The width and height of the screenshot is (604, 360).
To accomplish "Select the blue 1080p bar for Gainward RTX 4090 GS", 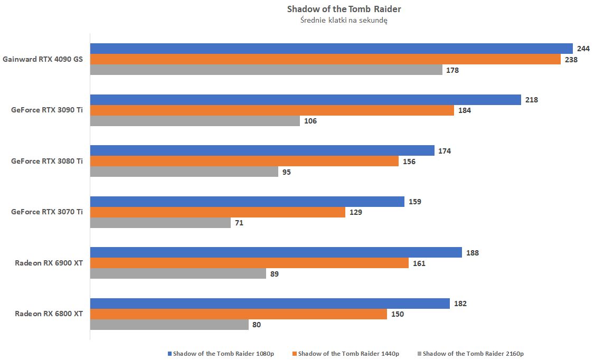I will coord(331,49).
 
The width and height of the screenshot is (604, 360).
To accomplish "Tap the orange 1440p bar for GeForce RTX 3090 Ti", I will coord(272,110).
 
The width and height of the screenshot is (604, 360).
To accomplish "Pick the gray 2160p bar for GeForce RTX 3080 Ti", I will coord(184,172).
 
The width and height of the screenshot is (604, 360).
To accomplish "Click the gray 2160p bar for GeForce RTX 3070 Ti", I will coord(161,223).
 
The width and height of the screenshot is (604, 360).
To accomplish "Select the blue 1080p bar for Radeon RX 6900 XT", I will coord(276,253).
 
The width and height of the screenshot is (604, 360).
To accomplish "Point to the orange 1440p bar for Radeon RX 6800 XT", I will coord(239,314).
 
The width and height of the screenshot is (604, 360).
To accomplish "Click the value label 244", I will coord(583,49).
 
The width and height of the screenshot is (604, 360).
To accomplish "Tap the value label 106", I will coord(310,121).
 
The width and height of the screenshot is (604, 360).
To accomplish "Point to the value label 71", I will coord(239,223).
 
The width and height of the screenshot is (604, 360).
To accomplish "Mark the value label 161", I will coord(419,263).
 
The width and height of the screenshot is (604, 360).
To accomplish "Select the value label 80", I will coord(257,325).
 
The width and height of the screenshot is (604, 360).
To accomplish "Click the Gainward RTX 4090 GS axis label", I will coord(43,59).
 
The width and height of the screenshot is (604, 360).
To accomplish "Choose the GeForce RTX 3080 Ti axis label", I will coord(47,161).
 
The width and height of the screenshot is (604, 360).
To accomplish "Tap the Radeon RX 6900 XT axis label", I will coord(49,263).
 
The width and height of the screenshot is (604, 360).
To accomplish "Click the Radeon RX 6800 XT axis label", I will coord(49,314).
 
